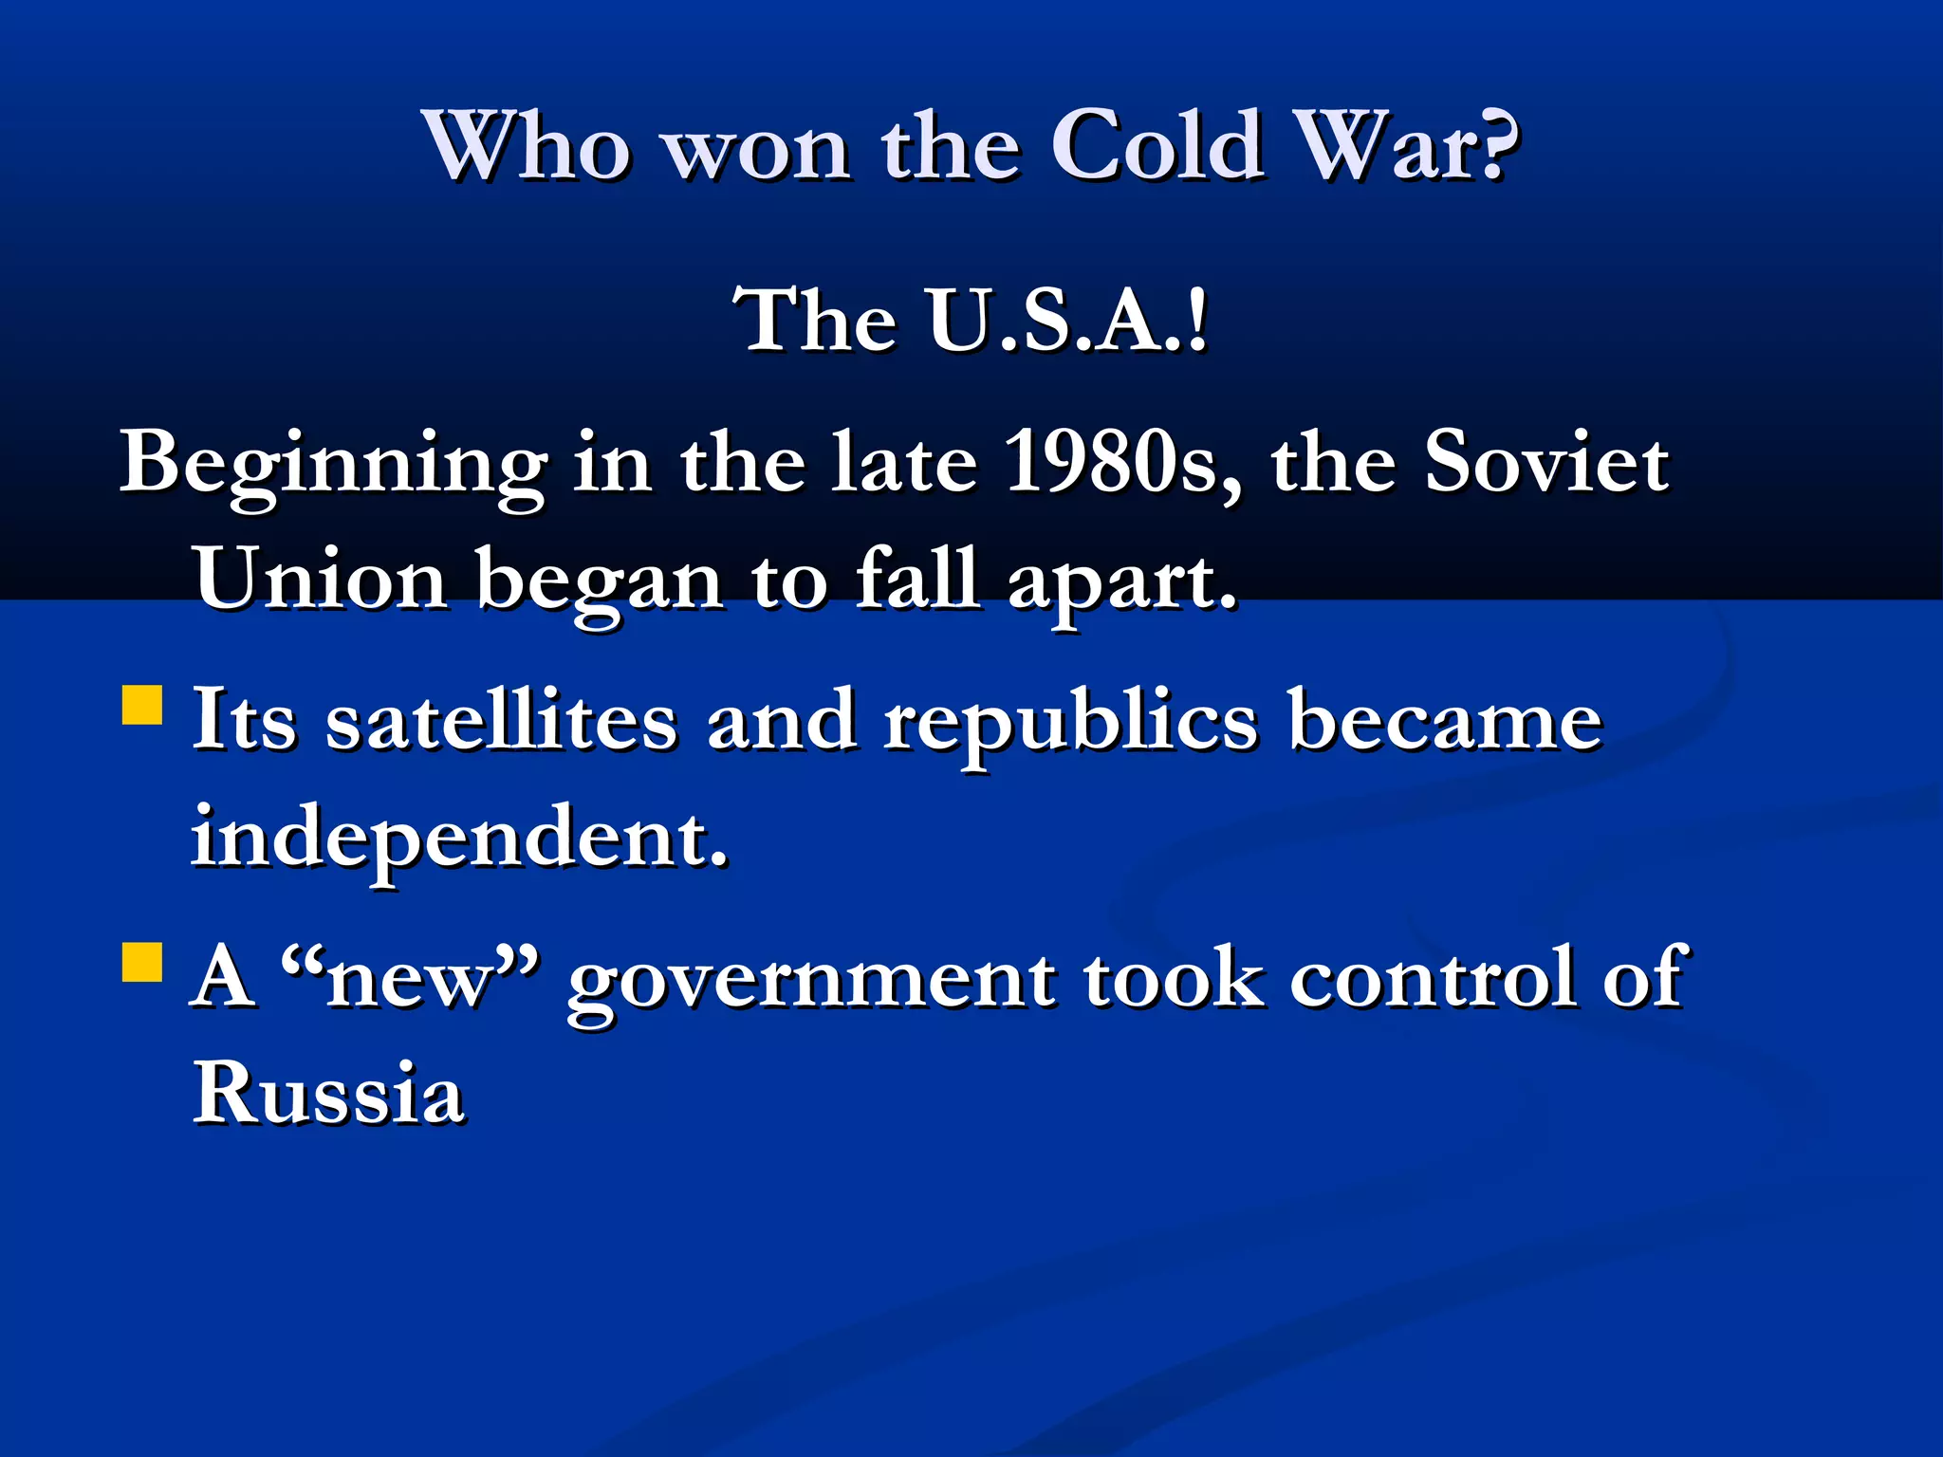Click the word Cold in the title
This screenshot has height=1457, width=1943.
pyautogui.click(x=1157, y=147)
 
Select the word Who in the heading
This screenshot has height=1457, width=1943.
pyautogui.click(x=527, y=147)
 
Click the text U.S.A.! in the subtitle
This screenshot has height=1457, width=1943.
pyautogui.click(x=1068, y=321)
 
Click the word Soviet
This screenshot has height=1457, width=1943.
pyautogui.click(x=1545, y=462)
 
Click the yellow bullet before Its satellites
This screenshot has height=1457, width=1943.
pyautogui.click(x=142, y=706)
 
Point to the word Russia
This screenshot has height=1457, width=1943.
pyautogui.click(x=328, y=1093)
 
